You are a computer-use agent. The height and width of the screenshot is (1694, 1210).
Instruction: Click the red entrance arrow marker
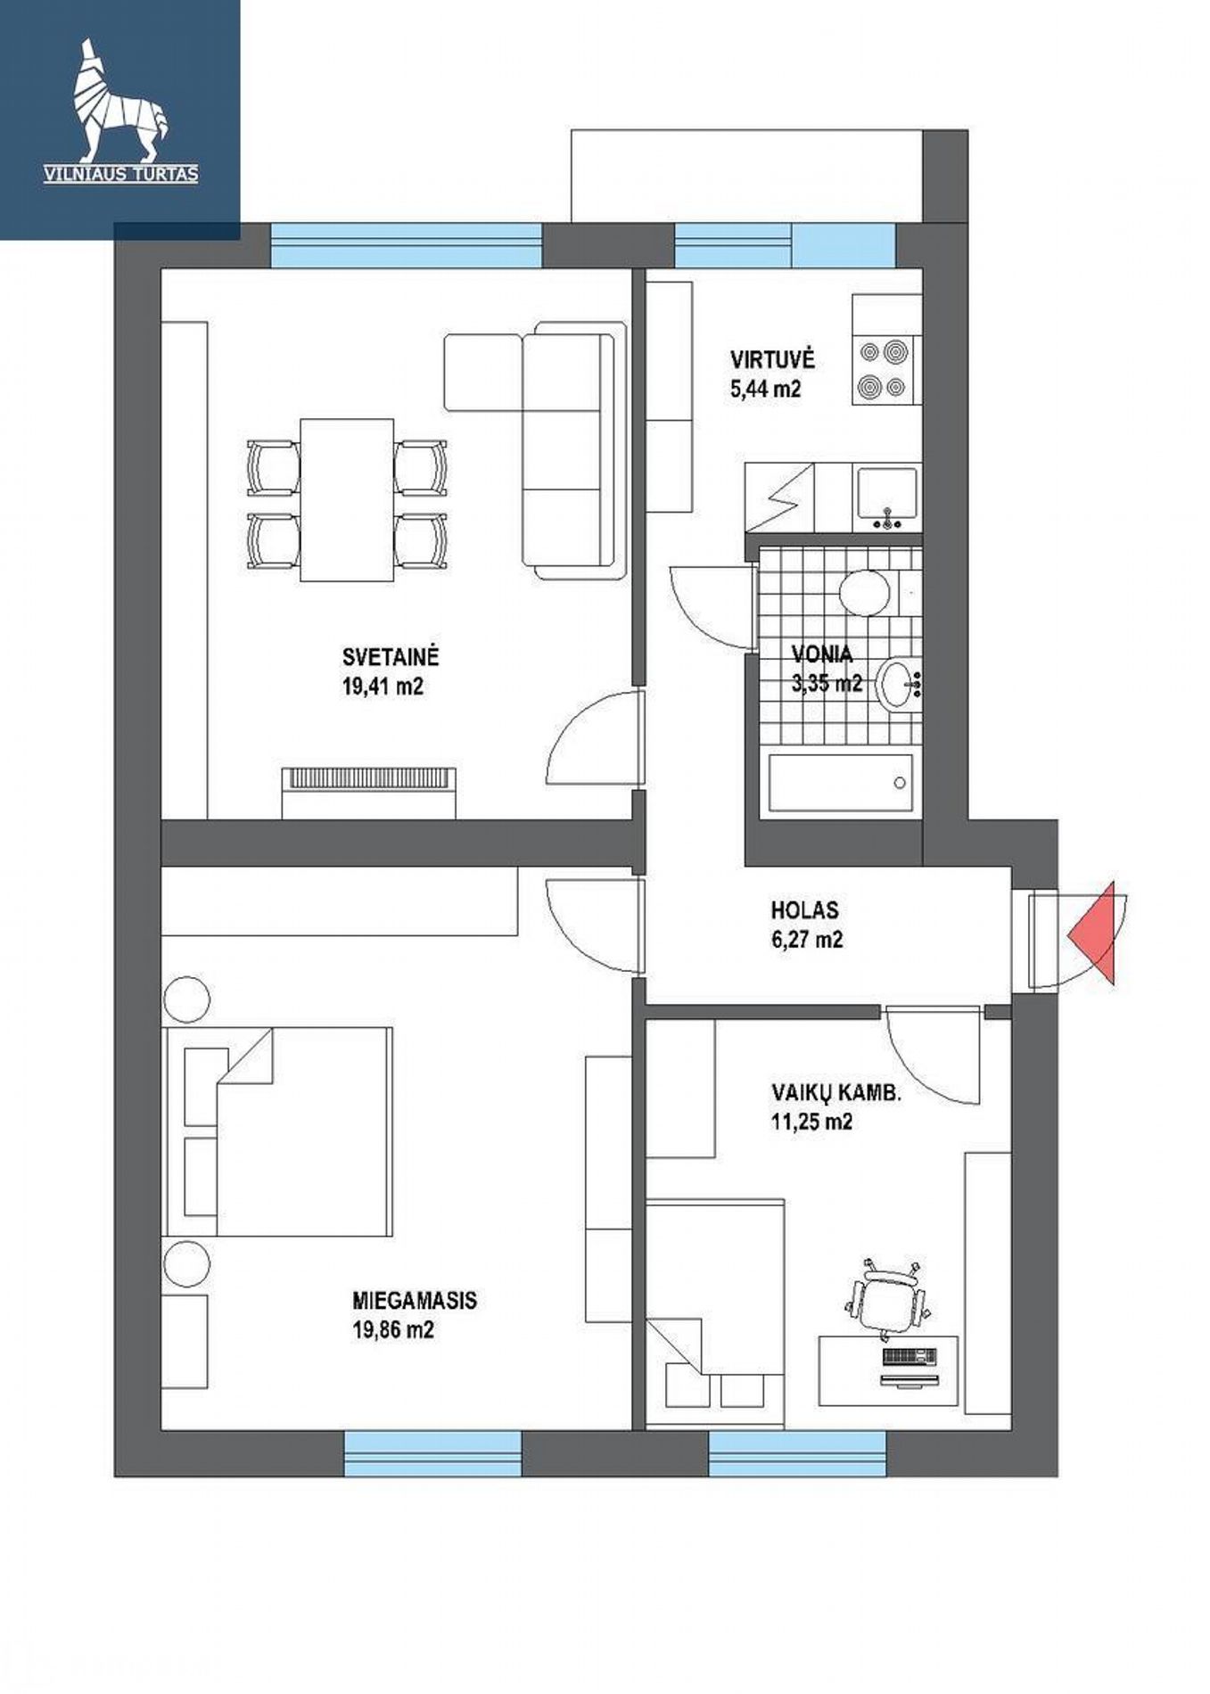click(1096, 933)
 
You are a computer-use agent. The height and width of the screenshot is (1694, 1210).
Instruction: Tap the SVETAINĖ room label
click(391, 658)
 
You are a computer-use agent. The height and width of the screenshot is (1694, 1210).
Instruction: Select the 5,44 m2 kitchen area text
click(765, 390)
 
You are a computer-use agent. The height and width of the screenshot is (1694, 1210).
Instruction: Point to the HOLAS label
click(804, 910)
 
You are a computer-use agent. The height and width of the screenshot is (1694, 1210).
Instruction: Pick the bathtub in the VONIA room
click(840, 783)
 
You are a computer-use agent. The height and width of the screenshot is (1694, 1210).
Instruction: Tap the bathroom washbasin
click(899, 685)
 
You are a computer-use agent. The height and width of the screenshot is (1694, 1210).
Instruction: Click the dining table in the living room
click(347, 500)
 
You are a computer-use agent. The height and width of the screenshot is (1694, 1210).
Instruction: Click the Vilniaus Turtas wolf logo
click(119, 111)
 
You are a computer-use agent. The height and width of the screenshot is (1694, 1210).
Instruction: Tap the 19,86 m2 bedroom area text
click(393, 1330)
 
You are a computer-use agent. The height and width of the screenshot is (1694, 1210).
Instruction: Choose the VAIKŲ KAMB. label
click(835, 1093)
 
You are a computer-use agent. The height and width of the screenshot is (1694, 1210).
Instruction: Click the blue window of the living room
click(406, 245)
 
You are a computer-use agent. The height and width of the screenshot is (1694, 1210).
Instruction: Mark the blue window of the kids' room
click(798, 1453)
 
